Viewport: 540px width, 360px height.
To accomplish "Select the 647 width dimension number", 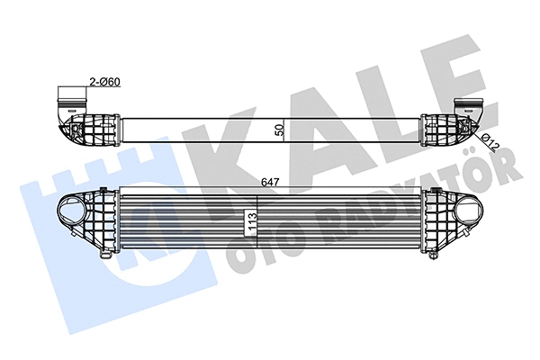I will point(269,182).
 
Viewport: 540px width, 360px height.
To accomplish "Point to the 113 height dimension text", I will point(251,219).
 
